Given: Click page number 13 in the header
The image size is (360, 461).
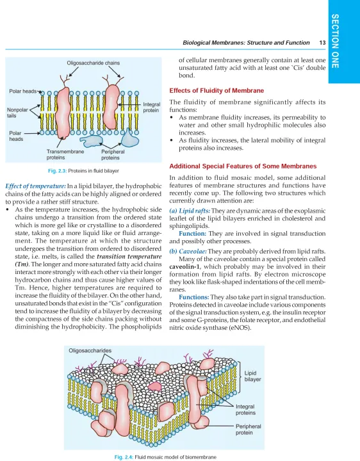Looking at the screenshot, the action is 322,43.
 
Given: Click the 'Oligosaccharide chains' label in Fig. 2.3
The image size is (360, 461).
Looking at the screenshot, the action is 94,63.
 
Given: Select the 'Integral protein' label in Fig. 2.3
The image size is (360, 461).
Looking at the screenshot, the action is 151,108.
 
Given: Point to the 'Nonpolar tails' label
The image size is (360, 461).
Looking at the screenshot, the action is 17,113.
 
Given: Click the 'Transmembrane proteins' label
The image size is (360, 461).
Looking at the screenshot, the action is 65,155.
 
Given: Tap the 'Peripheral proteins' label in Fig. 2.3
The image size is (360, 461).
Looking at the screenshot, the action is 113,155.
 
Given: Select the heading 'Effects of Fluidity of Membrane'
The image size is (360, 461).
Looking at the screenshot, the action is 217,90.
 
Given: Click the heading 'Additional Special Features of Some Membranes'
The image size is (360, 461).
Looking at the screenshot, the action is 243,166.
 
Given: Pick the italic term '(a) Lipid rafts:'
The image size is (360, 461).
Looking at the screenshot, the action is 190,211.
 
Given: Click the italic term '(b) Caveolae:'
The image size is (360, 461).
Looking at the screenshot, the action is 188,252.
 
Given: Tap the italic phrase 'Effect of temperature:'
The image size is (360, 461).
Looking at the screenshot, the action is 36,186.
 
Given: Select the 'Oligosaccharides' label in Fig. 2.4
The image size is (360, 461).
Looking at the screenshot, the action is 90,350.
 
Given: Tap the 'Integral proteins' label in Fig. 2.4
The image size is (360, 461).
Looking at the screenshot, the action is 245,410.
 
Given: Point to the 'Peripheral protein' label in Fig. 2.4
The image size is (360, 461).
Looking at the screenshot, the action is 249,429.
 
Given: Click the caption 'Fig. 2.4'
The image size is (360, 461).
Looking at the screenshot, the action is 124,457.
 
